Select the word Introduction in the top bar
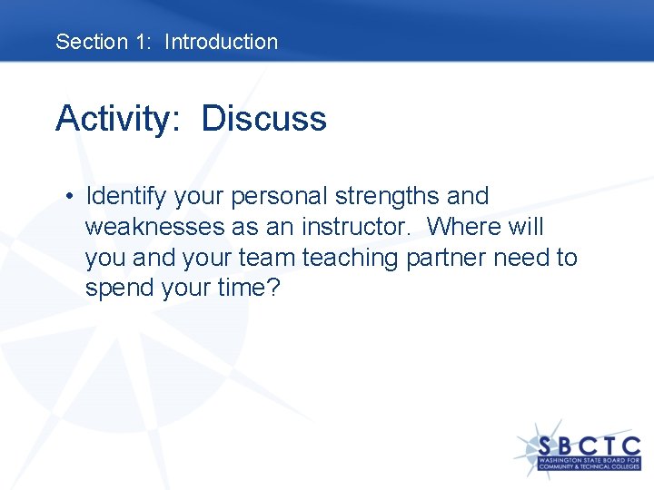coord(221,42)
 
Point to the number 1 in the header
coord(143,42)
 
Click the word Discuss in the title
coord(263,119)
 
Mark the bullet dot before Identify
coord(69,197)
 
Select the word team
coord(266,258)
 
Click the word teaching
coord(350,258)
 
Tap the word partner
coord(446,258)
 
